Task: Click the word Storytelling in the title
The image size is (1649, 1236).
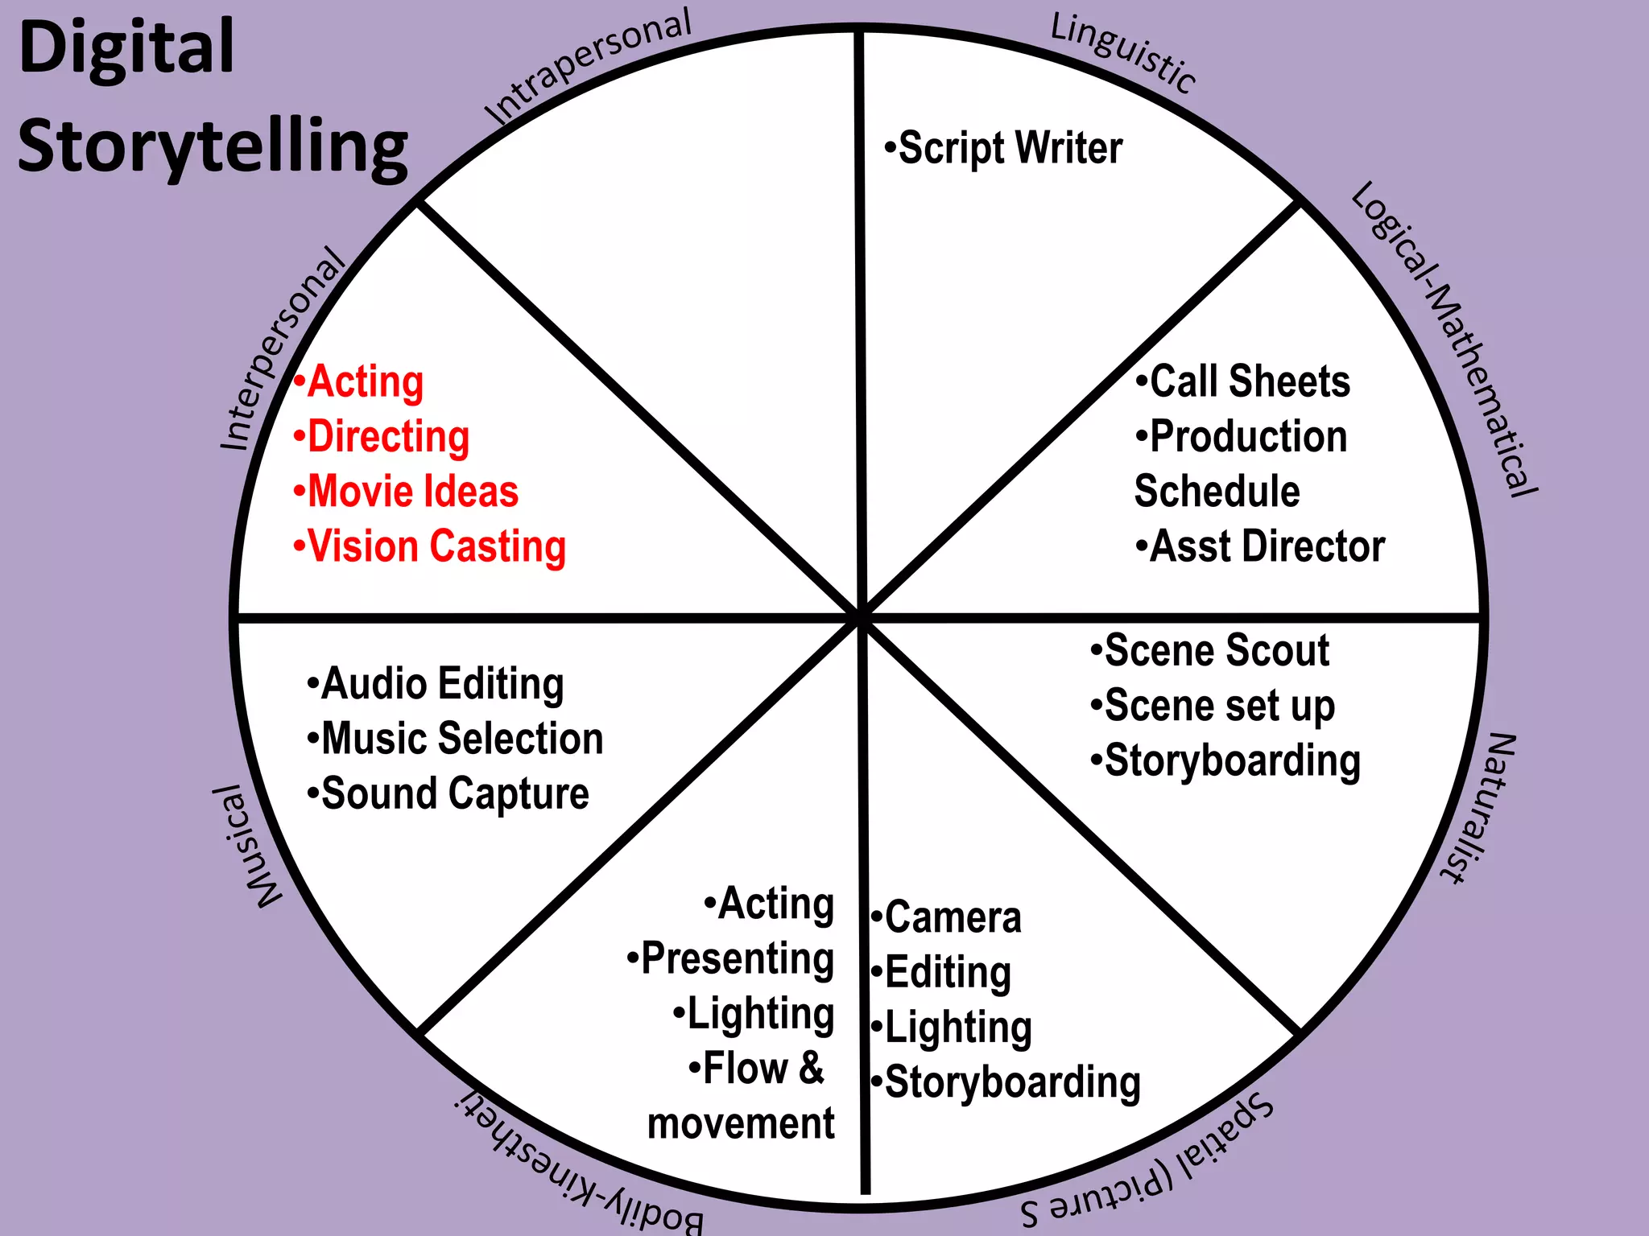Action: click(213, 147)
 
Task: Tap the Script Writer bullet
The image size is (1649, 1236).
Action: click(1003, 149)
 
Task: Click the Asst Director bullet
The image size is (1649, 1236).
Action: click(1260, 547)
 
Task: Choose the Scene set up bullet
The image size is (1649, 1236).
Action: click(1213, 707)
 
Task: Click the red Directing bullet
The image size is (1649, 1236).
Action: click(381, 437)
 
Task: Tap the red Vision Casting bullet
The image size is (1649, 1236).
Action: click(429, 547)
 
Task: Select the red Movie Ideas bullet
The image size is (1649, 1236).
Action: click(406, 492)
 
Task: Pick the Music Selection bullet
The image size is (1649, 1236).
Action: click(455, 740)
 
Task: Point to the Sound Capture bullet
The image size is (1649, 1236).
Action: click(448, 794)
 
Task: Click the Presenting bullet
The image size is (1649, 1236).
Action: click(730, 959)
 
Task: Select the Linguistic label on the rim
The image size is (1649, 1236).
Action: click(1124, 53)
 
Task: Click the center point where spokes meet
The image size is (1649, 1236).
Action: click(861, 617)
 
